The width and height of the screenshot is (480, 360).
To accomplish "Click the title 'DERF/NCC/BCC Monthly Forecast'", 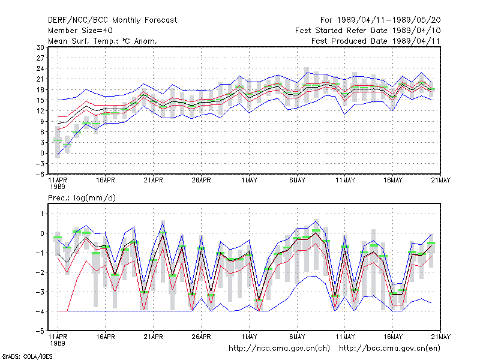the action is [x=112, y=20].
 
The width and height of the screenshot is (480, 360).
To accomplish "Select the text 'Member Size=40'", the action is [x=80, y=31].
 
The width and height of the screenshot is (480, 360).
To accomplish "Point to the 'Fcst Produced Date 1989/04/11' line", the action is [x=376, y=41].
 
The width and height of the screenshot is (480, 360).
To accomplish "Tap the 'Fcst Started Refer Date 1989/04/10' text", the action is [x=368, y=31].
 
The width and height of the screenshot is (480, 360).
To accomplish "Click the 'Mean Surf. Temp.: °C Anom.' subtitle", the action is [x=103, y=41].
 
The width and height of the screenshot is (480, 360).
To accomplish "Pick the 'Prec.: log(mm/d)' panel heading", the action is [x=82, y=198].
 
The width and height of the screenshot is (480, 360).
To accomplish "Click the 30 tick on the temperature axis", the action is [x=40, y=47].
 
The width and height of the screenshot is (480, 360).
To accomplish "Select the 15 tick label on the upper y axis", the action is [x=40, y=100].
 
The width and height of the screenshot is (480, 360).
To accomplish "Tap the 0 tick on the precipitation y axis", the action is [x=42, y=233].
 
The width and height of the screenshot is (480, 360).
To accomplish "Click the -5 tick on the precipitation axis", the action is [x=40, y=331].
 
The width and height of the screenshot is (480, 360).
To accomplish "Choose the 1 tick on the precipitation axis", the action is [x=42, y=214].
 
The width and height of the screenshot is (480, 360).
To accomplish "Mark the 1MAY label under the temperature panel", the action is [x=249, y=181].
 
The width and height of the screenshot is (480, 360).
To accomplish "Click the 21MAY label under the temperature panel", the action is [x=440, y=181].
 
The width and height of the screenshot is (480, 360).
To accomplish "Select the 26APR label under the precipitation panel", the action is [x=201, y=337].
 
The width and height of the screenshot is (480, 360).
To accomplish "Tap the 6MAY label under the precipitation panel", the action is [x=297, y=337].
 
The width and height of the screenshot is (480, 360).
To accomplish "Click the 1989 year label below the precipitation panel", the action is [x=58, y=343].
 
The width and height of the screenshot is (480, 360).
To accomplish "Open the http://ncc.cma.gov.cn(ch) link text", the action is [x=279, y=349].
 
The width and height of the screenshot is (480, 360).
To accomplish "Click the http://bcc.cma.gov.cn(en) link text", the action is [x=389, y=349].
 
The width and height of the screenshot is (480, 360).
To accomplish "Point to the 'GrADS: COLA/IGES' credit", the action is [x=27, y=356].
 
